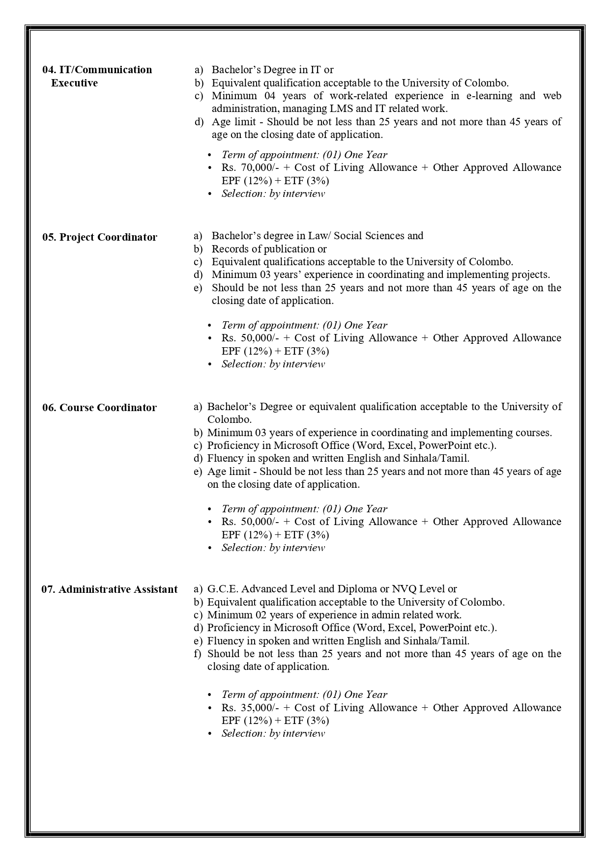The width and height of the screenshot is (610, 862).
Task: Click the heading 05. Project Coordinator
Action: click(100, 237)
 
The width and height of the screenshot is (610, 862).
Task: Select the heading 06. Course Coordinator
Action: click(99, 408)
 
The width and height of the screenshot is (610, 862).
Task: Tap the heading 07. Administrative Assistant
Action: click(109, 589)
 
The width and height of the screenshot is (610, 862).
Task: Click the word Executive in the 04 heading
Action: click(74, 83)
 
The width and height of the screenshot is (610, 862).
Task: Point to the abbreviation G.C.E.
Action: click(223, 589)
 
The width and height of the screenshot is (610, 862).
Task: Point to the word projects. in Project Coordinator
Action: click(530, 275)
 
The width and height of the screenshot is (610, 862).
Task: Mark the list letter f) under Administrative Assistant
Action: click(198, 654)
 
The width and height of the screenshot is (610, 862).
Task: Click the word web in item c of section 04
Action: click(552, 96)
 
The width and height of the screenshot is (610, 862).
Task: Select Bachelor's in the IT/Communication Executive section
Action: click(234, 70)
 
